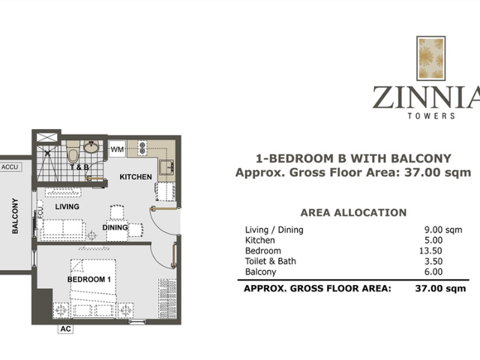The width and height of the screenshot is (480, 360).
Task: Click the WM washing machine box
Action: [117, 148]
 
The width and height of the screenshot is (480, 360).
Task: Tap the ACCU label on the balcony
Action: [10, 167]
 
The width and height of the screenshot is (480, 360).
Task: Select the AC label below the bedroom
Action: [66, 328]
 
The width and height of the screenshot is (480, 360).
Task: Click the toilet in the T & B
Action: [73, 152]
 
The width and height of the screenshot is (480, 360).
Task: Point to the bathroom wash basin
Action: [91, 147]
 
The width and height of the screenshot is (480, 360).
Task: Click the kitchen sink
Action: [166, 167]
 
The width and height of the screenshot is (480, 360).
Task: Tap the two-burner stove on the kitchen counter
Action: [142, 148]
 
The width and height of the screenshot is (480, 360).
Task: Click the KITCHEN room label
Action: [136, 177]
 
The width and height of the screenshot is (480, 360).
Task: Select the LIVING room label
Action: [67, 207]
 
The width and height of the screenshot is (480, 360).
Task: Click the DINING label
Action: [115, 227]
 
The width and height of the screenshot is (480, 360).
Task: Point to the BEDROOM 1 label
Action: [88, 279]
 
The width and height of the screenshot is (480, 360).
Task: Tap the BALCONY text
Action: [15, 216]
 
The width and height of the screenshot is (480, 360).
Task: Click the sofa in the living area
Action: [63, 229]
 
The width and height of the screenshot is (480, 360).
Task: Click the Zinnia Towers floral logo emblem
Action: [430, 58]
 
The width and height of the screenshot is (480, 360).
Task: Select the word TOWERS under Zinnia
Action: [431, 115]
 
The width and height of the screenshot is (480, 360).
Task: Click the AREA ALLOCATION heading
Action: [353, 213]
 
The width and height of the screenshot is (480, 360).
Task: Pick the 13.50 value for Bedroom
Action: [430, 250]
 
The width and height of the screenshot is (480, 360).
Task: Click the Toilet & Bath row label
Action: [271, 261]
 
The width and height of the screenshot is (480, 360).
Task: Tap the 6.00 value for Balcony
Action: [433, 271]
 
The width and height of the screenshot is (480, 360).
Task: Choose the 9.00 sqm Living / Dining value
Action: [443, 229]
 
